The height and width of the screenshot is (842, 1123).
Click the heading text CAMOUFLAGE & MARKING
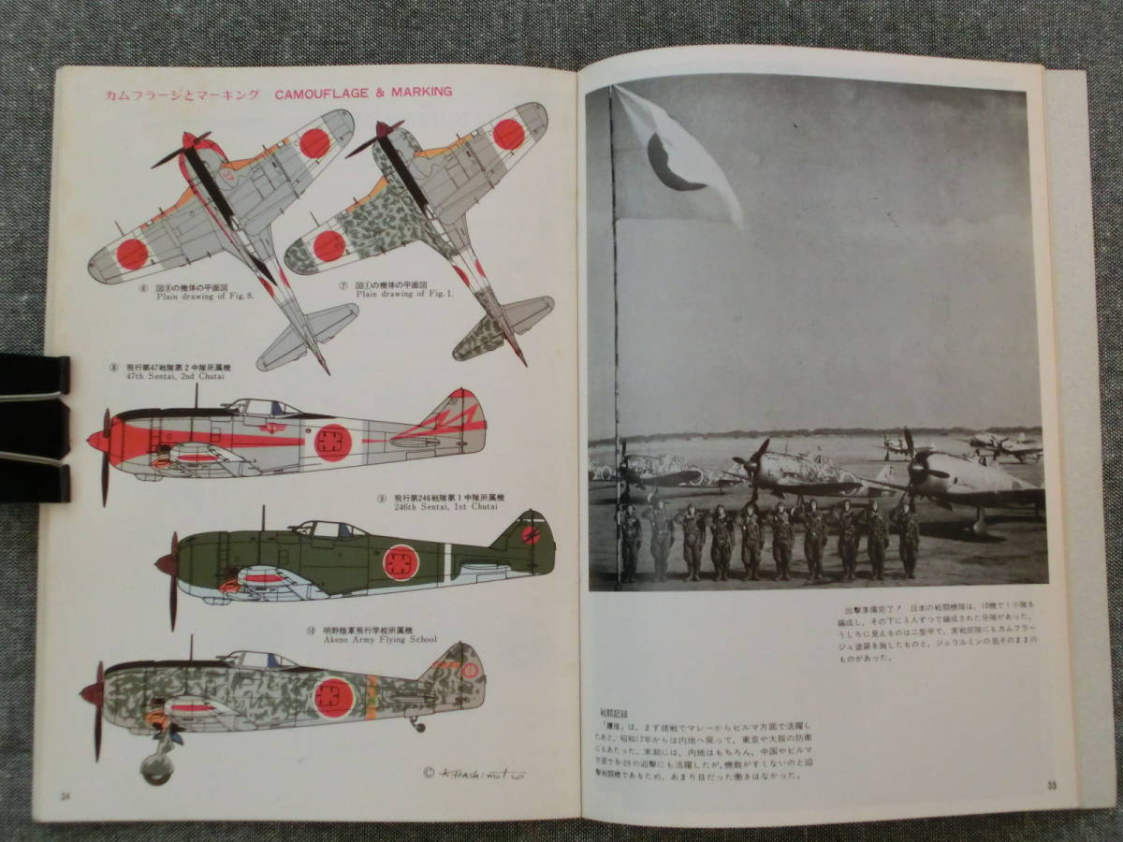(364, 93)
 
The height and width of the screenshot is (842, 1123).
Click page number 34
(66, 796)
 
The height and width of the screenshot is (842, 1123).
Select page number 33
(1052, 784)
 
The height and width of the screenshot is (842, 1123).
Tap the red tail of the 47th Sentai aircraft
(456, 417)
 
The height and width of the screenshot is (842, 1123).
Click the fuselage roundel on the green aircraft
(401, 562)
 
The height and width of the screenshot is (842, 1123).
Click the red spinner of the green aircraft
(167, 565)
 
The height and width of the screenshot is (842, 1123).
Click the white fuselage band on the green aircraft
(447, 559)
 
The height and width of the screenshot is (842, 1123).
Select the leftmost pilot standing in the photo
(632, 543)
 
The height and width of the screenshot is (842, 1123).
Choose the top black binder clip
(33, 374)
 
